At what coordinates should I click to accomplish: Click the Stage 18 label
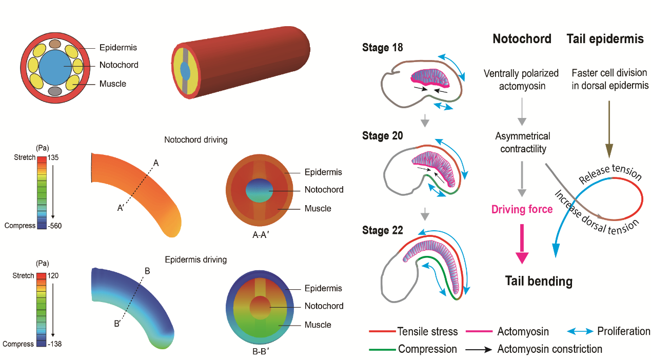[382, 48]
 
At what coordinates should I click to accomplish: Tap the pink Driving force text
[522, 209]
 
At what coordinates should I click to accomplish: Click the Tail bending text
[538, 281]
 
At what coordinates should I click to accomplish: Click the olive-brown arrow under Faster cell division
[609, 128]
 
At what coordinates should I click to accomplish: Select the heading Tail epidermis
[605, 39]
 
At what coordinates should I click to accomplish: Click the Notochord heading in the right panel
[522, 39]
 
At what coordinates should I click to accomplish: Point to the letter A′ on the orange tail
[121, 208]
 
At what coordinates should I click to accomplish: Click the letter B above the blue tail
[147, 270]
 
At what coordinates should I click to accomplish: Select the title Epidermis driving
[195, 259]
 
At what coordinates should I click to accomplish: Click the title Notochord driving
[195, 139]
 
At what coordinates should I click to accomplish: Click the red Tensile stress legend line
[382, 332]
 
